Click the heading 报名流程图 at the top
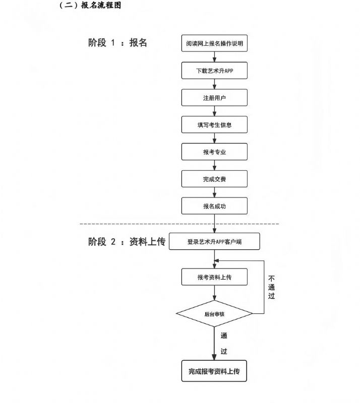click(101, 5)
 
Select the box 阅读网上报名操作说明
click(214, 43)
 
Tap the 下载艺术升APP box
click(214, 71)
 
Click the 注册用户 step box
click(214, 98)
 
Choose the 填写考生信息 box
click(214, 124)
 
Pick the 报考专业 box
click(214, 152)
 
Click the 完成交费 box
click(214, 179)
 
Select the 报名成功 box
click(214, 206)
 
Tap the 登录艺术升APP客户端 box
click(214, 241)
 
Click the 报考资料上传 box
click(214, 277)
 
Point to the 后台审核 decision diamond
click(214, 313)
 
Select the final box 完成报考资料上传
click(214, 371)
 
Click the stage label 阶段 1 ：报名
click(117, 43)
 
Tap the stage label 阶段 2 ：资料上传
click(127, 242)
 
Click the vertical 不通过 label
click(271, 287)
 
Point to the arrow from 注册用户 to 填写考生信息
click(214, 111)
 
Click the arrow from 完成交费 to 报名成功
click(214, 192)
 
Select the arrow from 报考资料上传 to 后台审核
click(214, 293)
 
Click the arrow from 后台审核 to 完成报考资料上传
click(214, 344)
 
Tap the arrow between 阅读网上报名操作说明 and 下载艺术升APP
click(214, 57)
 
